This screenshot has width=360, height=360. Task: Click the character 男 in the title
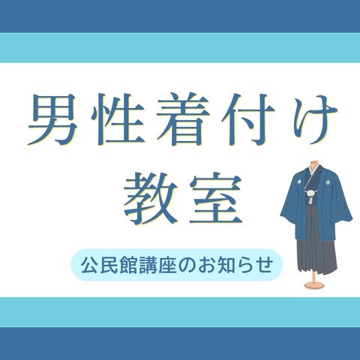[x=52, y=119]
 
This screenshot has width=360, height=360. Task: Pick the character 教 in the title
[x=148, y=198]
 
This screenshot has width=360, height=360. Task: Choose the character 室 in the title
[x=215, y=198]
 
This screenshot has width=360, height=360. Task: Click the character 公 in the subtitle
[x=88, y=265]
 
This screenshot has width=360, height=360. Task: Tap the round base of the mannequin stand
[x=313, y=285]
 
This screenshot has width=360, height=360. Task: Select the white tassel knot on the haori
[x=311, y=193]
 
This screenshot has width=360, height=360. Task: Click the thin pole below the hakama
[x=313, y=277]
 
